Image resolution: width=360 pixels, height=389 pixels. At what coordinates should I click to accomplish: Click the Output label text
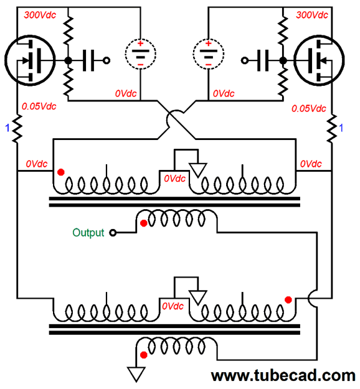click(88, 233)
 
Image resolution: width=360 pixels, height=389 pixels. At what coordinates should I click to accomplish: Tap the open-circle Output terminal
click(113, 233)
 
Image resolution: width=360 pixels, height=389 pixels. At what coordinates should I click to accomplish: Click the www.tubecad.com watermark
click(283, 375)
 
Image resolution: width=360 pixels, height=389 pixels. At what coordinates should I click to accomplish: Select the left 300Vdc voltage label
click(40, 15)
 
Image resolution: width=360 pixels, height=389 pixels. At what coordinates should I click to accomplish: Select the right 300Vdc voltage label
click(312, 15)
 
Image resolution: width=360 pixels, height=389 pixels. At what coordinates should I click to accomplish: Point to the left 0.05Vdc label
click(39, 106)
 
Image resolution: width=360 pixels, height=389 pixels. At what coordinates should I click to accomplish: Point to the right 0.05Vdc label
click(308, 108)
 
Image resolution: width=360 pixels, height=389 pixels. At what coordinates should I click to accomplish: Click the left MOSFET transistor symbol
click(30, 60)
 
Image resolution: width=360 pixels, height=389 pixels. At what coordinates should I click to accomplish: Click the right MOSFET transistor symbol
click(319, 60)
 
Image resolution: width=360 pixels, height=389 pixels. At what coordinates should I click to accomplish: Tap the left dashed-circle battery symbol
click(141, 54)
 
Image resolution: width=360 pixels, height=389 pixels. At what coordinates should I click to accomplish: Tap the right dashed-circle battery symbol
click(208, 54)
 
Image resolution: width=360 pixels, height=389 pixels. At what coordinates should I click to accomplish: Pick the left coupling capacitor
click(88, 60)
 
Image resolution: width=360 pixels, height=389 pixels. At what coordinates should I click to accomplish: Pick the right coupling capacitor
click(263, 60)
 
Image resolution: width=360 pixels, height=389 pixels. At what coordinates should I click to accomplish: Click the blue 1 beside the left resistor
click(7, 128)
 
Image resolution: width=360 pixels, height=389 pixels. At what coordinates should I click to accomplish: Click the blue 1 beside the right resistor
click(341, 128)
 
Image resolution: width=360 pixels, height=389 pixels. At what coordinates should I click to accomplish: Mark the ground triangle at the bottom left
click(136, 375)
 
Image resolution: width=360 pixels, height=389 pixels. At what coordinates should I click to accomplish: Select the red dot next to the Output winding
click(143, 223)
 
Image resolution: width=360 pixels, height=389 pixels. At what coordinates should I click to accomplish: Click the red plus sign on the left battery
click(141, 44)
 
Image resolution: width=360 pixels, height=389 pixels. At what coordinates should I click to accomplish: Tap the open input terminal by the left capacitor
click(107, 60)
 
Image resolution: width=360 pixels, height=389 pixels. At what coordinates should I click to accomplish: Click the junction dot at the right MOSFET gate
click(283, 60)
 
